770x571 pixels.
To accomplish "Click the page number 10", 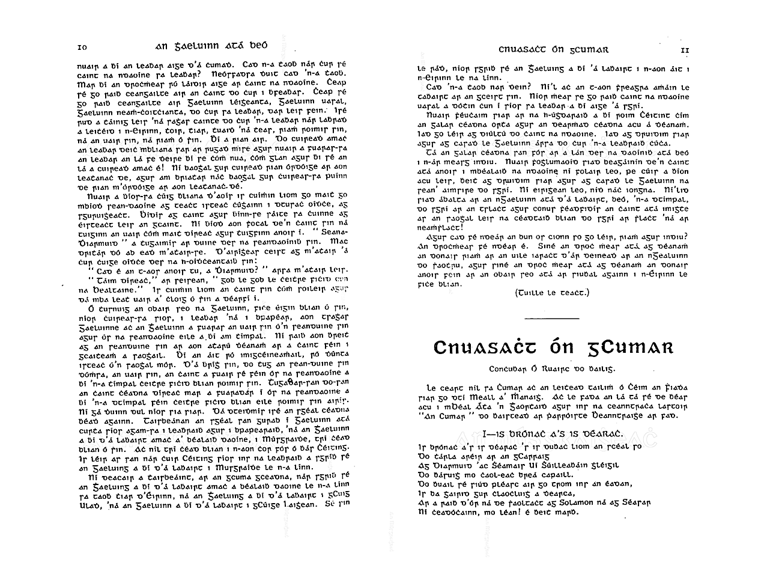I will pyautogui.click(x=83, y=47).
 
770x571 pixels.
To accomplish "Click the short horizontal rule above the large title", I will pyautogui.click(x=551, y=318).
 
